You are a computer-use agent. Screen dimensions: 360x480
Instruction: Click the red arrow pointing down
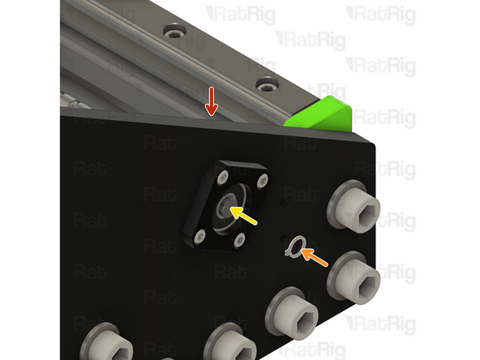pyautogui.click(x=211, y=101)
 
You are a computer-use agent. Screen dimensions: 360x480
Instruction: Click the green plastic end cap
pyautogui.click(x=320, y=114)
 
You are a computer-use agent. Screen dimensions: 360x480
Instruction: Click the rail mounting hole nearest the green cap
pyautogui.click(x=266, y=84)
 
